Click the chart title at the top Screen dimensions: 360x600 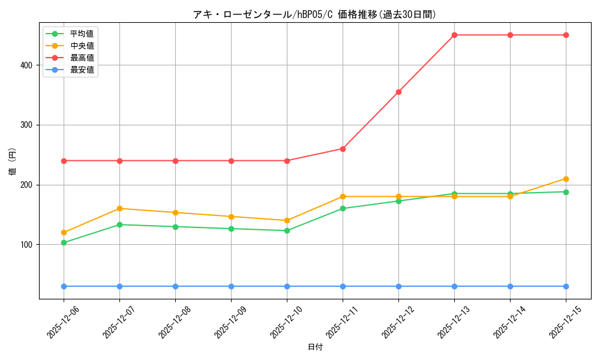tap(314, 14)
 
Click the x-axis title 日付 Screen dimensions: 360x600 tap(314, 347)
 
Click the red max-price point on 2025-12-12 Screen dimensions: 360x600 tap(398, 92)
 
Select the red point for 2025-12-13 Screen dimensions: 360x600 tap(454, 35)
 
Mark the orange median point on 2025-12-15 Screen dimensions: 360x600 tap(566, 179)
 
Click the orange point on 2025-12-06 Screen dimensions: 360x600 tap(64, 232)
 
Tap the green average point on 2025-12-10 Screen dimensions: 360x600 tap(287, 230)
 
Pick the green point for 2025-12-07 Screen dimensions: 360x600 tap(119, 224)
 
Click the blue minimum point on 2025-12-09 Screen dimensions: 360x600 tap(231, 286)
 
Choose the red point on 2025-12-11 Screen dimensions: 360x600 tap(343, 149)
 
